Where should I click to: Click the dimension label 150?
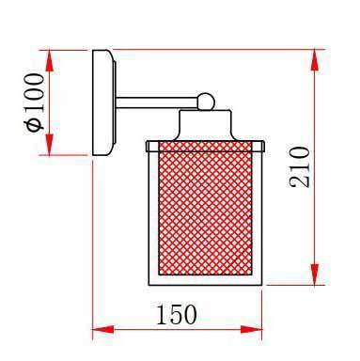pos(177,314)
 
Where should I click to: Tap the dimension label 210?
pos(299,167)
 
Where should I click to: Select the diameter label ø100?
pos(35,102)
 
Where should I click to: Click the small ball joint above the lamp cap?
pos(206,102)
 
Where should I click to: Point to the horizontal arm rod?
pos(157,102)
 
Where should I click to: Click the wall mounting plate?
pos(104,102)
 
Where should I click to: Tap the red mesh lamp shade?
pos(205,209)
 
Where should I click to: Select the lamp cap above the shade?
pos(205,125)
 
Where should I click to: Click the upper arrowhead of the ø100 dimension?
pos(49,60)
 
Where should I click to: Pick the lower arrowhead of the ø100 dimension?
pos(49,144)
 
